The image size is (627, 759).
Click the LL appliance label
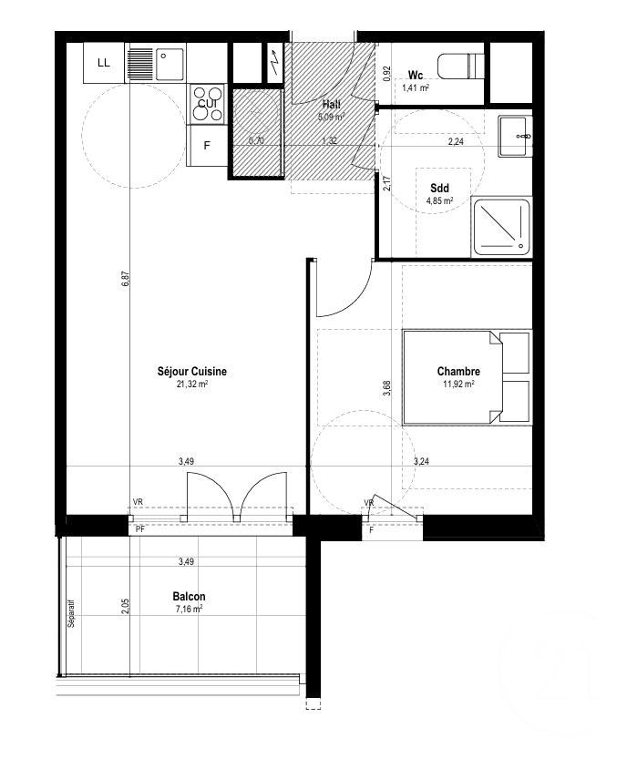[x=103, y=63]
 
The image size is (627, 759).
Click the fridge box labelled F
[x=207, y=146]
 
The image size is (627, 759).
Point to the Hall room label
[x=331, y=104]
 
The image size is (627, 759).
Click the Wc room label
[x=416, y=75]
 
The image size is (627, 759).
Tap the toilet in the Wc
[x=458, y=67]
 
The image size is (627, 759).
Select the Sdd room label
[x=440, y=189]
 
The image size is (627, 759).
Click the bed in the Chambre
[x=465, y=377]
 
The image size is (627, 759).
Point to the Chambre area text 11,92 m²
[x=458, y=385]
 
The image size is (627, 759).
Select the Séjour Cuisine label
[x=192, y=371]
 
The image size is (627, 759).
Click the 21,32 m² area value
[x=192, y=385]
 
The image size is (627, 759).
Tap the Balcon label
[x=189, y=597]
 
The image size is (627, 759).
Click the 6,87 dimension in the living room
[x=127, y=281]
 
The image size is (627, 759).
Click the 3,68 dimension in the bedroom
[x=386, y=387]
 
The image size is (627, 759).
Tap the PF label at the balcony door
[x=139, y=528]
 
